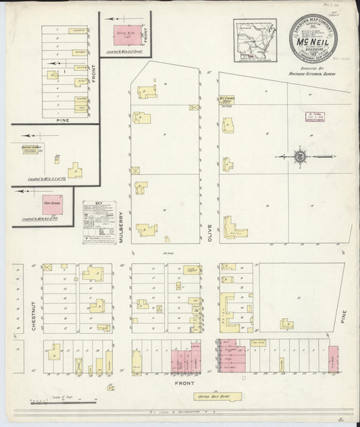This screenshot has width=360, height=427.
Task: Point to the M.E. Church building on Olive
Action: tap(228, 99)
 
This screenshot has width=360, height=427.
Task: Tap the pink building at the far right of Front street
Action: tap(333, 359)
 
